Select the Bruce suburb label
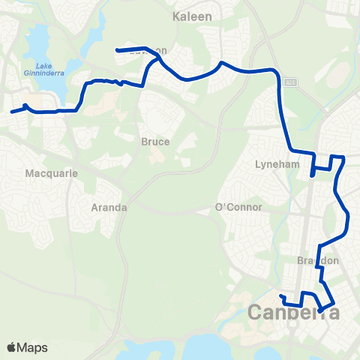[155, 141]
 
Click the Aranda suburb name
[109, 207]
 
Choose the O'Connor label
[238, 207]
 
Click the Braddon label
[319, 260]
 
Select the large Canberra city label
[292, 312]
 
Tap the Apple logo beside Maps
[12, 347]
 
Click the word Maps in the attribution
[32, 347]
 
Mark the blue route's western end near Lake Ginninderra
[11, 113]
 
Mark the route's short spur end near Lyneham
[312, 176]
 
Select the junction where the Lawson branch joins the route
[155, 55]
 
